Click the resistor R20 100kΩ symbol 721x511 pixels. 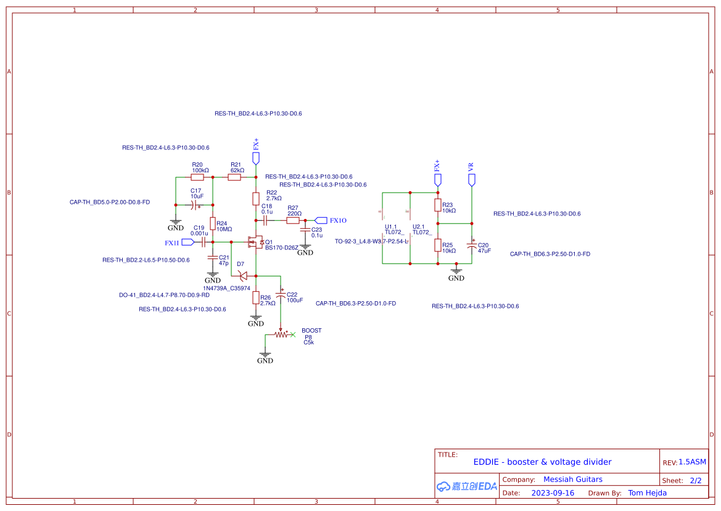[197, 177]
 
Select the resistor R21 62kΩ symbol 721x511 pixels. [234, 177]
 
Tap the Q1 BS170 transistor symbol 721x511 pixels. [255, 242]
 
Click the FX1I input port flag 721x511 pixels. [187, 243]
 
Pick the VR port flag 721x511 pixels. [472, 180]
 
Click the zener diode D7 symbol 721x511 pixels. [243, 276]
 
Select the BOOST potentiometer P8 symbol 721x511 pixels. [282, 334]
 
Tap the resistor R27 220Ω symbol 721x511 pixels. [293, 220]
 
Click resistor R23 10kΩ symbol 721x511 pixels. [438, 205]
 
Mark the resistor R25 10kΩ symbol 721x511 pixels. [438, 245]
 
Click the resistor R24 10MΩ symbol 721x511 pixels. [213, 223]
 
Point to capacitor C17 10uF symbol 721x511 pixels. [194, 204]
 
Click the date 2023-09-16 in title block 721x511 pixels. [553, 493]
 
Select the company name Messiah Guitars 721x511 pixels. [572, 480]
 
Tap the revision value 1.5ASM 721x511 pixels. [692, 462]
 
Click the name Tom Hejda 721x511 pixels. [647, 493]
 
